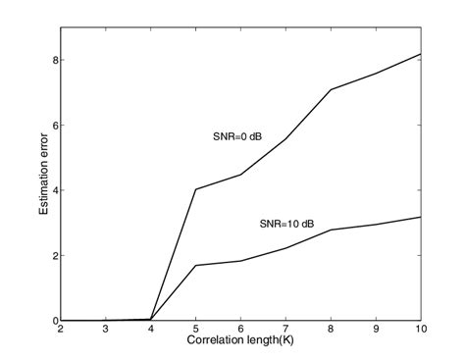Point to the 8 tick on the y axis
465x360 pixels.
pos(54,60)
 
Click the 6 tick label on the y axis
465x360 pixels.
pos(54,126)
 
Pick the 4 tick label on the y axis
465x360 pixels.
pos(54,190)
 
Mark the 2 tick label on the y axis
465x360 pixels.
pos(54,256)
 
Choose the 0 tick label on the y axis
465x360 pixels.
pos(54,321)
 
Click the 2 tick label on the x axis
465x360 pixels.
pos(61,331)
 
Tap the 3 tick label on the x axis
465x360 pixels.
pos(106,331)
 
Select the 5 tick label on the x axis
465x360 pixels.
pos(197,331)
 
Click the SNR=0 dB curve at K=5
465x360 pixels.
pos(197,189)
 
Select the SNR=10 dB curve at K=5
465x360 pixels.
pos(197,265)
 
